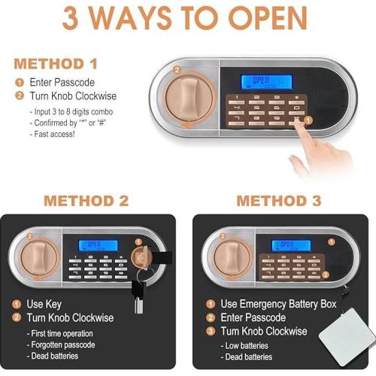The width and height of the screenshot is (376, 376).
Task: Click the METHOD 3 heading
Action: tap(278, 201)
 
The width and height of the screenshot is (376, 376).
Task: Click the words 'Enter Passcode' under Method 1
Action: tap(61, 82)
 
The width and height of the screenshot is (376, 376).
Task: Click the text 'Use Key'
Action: tap(45, 305)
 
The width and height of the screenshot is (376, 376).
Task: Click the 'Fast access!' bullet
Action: tap(53, 134)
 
